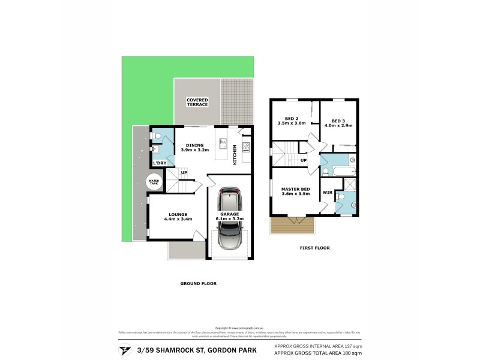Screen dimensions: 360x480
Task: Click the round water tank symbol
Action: point(154,181)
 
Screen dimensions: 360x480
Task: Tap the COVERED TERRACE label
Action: point(197,102)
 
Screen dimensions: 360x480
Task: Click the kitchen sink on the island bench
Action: point(223,144)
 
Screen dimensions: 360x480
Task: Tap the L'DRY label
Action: point(159,163)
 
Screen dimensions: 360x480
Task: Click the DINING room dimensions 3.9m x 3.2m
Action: point(194,150)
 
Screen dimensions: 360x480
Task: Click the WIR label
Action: point(327,193)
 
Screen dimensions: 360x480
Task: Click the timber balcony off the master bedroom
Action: point(292,226)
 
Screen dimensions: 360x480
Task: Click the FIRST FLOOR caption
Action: point(316,248)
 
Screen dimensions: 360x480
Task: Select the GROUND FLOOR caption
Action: point(198,283)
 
